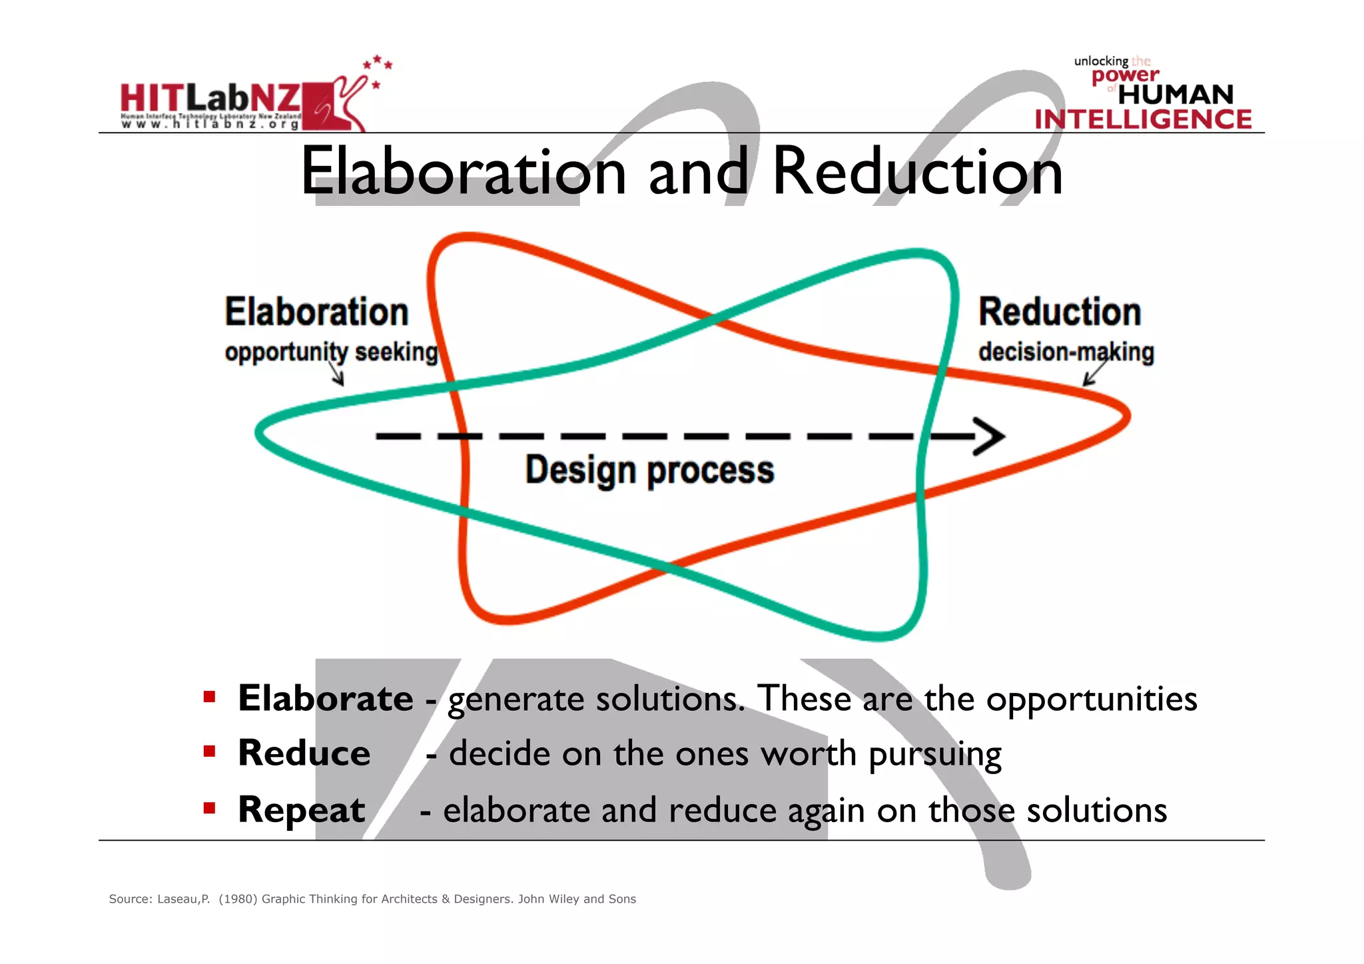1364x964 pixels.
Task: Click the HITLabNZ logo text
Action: [x=210, y=99]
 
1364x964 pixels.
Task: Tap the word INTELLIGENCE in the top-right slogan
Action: [x=1143, y=120]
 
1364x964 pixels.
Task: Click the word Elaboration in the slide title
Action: [x=463, y=172]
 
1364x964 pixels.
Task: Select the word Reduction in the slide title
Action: [x=917, y=172]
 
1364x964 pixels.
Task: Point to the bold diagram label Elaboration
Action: [x=316, y=312]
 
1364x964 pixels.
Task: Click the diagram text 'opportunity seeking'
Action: [x=331, y=352]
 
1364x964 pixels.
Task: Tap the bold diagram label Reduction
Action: [x=1060, y=312]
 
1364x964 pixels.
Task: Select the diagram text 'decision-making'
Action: [x=1066, y=352]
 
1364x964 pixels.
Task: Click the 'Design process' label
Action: [x=649, y=470]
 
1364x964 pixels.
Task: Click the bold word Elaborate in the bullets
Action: [x=326, y=698]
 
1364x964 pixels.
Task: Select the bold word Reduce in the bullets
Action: [x=304, y=753]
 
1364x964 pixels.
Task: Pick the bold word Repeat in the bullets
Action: [x=302, y=810]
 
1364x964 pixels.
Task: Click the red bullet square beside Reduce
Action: [x=210, y=752]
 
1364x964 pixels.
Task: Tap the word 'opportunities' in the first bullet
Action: [x=1091, y=700]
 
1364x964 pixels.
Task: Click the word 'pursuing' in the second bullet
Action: [x=934, y=755]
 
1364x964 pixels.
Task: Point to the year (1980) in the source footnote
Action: [x=238, y=899]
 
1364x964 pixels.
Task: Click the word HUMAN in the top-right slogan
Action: [x=1176, y=95]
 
